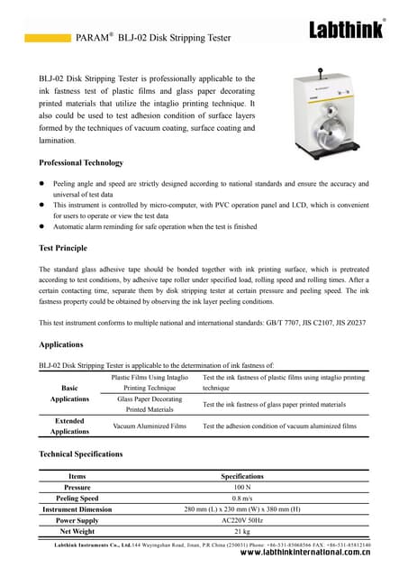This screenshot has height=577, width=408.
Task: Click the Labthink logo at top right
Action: coord(346,29)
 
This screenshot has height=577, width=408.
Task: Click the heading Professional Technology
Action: coord(81,162)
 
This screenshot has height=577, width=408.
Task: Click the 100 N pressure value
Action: coord(241,486)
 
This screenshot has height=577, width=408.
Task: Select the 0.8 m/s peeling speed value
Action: coord(241,498)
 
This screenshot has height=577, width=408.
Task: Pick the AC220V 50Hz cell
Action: coord(241,520)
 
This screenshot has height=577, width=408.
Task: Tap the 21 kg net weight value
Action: coord(241,532)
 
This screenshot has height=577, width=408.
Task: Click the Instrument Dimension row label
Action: coord(77,508)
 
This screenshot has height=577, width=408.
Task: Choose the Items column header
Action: coord(77,475)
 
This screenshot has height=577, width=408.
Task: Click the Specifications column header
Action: coord(241,475)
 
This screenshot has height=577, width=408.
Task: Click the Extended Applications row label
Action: coord(69,426)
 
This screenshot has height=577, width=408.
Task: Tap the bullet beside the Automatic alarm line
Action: coord(42,229)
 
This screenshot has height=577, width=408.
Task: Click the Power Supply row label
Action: coord(77,520)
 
